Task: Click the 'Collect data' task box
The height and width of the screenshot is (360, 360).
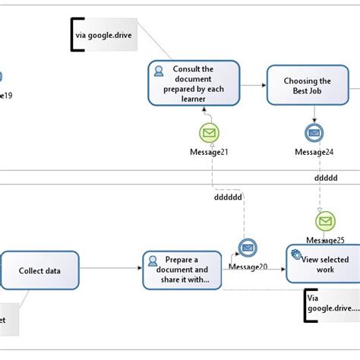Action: (x=39, y=270)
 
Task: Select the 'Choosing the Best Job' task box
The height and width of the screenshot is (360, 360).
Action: (x=307, y=86)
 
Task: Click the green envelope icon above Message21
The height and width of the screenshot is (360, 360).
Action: (x=209, y=134)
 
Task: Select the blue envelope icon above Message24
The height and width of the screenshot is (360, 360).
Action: (x=314, y=133)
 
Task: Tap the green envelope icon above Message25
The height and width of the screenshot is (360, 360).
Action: (x=325, y=221)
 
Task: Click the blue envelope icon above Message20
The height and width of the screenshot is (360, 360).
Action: (x=247, y=248)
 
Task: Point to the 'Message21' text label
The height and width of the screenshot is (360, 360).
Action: (x=209, y=152)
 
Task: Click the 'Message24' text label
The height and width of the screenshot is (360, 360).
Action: (x=314, y=152)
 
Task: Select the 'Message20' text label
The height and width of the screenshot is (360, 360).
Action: (x=247, y=266)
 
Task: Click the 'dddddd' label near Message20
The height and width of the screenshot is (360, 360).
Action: (x=227, y=196)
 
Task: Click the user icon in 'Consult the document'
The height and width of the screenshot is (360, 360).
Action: (x=159, y=71)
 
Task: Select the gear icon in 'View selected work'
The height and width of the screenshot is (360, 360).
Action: (x=296, y=254)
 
